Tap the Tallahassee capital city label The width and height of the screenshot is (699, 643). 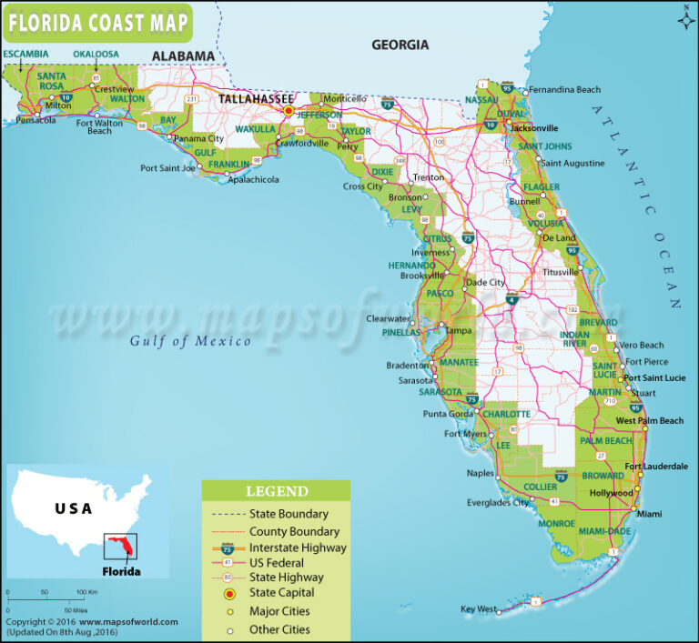(x=254, y=97)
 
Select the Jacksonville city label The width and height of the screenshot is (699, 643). (x=534, y=128)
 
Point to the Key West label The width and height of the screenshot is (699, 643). (x=479, y=608)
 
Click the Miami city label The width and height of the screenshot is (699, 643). (x=650, y=514)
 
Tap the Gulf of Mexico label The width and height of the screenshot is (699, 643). (x=189, y=341)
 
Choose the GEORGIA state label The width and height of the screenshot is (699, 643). (x=400, y=45)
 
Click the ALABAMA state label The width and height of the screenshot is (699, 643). (x=183, y=56)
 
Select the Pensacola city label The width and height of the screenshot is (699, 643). (x=35, y=120)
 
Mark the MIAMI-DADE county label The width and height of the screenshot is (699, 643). (x=604, y=531)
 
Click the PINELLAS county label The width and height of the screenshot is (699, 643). (x=401, y=333)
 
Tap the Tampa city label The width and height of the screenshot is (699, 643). (x=458, y=330)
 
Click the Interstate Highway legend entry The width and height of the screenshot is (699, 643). (x=297, y=548)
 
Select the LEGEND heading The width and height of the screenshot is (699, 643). (x=277, y=491)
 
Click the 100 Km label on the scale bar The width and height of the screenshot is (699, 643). (x=86, y=593)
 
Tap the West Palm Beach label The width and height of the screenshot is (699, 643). (x=650, y=421)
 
